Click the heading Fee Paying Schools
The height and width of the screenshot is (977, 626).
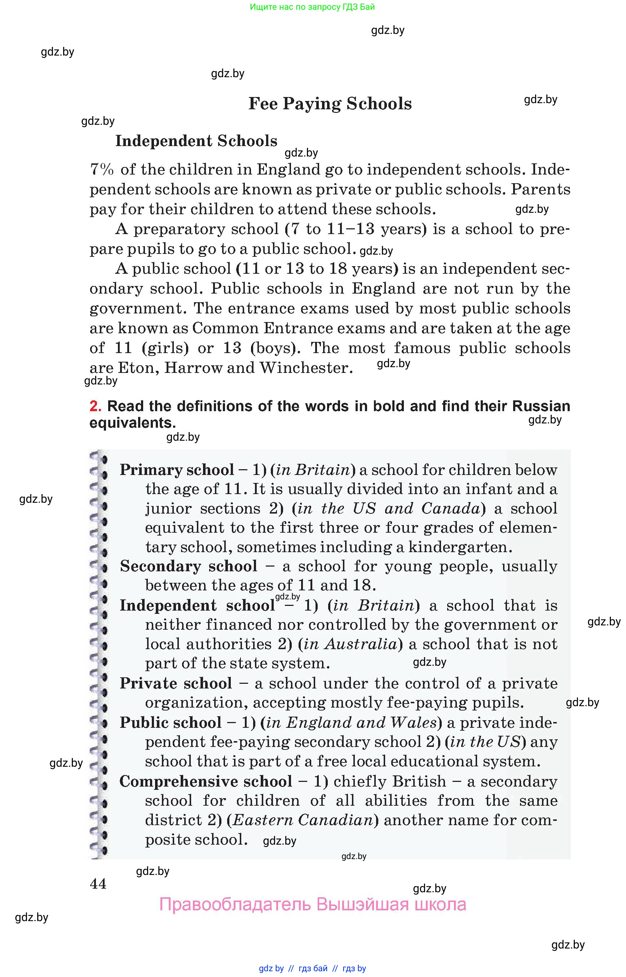(x=330, y=104)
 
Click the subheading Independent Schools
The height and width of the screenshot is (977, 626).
(x=196, y=141)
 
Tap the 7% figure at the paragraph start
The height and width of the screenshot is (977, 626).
(x=101, y=170)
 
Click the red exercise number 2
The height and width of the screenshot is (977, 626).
(x=95, y=406)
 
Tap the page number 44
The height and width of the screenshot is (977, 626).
(x=98, y=884)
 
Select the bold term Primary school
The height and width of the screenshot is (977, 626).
(x=177, y=470)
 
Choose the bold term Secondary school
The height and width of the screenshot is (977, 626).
(x=188, y=566)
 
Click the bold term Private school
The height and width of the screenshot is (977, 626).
(x=176, y=683)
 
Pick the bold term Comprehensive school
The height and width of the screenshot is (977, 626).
(x=205, y=781)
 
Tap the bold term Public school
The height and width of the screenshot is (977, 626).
(x=170, y=722)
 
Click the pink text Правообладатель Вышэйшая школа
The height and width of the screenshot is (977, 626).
(x=312, y=904)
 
